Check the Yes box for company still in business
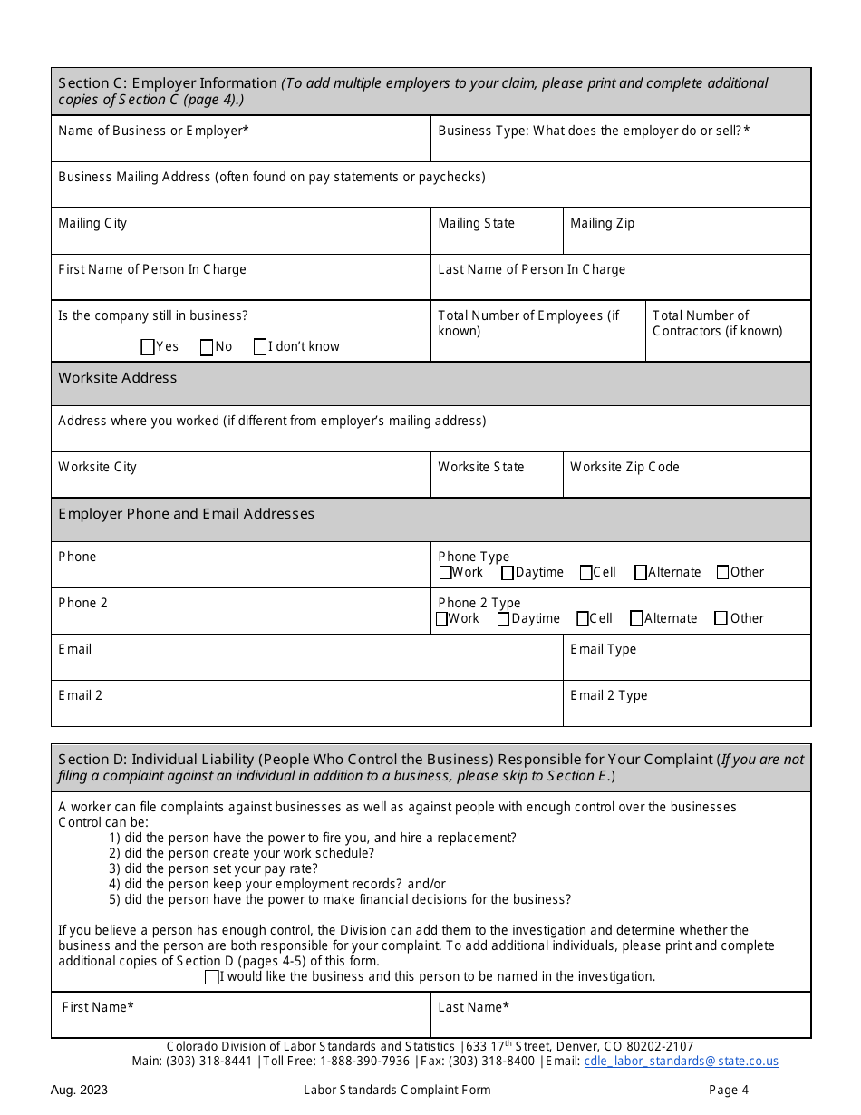[148, 346]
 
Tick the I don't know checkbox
[260, 346]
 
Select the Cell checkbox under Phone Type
[586, 572]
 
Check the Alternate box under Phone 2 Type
[636, 618]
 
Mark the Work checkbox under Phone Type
[445, 572]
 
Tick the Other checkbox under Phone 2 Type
[721, 618]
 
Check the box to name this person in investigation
[211, 977]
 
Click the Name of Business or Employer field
[240, 145]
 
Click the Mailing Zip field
[686, 238]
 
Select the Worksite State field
[496, 481]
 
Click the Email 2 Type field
[686, 709]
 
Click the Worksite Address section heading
[118, 378]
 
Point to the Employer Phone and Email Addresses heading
[187, 514]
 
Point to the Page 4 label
[729, 1091]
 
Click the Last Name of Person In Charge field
[620, 284]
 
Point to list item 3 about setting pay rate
[213, 868]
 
